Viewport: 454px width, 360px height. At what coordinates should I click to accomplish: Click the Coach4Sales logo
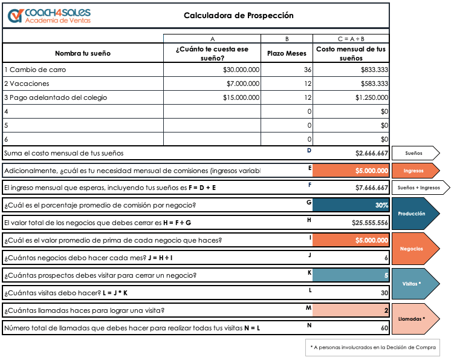pyautogui.click(x=50, y=16)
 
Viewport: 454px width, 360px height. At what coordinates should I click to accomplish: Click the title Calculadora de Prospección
pyautogui.click(x=238, y=16)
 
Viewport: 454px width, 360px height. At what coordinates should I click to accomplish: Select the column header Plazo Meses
pyautogui.click(x=287, y=53)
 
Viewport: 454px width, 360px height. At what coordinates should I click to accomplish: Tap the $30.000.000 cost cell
pyautogui.click(x=241, y=70)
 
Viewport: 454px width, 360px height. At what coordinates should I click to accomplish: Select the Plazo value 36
pyautogui.click(x=307, y=70)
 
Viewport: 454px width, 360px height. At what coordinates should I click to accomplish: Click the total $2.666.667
pyautogui.click(x=371, y=154)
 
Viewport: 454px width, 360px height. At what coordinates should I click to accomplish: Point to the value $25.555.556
pyautogui.click(x=369, y=223)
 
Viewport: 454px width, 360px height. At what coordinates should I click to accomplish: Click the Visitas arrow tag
pyautogui.click(x=415, y=284)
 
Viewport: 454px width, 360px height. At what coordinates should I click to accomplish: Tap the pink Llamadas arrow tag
pyautogui.click(x=415, y=319)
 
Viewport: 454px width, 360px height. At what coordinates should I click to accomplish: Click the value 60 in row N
pyautogui.click(x=384, y=328)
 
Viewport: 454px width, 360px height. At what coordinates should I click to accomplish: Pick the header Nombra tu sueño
pyautogui.click(x=83, y=53)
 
